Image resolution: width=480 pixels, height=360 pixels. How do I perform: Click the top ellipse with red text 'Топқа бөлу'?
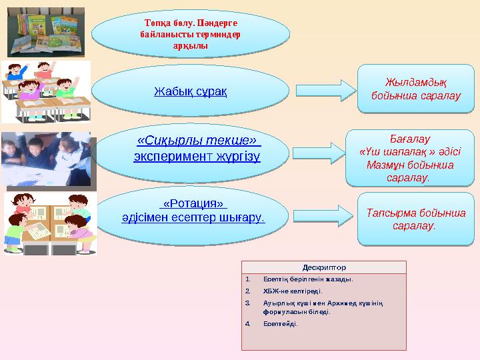coord(190,33)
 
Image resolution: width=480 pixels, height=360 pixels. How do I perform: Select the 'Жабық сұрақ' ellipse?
coord(190,90)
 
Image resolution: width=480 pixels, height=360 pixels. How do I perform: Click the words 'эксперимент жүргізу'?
coord(197,156)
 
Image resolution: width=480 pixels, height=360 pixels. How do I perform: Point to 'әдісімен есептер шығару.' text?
coord(193,217)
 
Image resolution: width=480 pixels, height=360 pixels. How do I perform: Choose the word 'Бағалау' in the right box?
coord(407,139)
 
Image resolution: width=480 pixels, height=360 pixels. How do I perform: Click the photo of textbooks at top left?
coord(46,32)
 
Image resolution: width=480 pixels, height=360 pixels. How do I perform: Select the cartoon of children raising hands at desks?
coord(45,92)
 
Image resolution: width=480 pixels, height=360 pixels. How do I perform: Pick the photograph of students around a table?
coord(45,159)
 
